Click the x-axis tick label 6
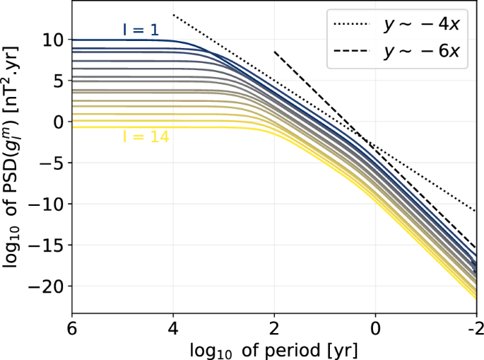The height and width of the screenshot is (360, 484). [72, 330]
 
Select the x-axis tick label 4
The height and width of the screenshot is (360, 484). [173, 330]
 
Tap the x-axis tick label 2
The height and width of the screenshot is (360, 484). [274, 330]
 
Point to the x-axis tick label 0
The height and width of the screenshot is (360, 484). [375, 330]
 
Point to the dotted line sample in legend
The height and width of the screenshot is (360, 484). [353, 25]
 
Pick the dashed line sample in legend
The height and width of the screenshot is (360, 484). [353, 52]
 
